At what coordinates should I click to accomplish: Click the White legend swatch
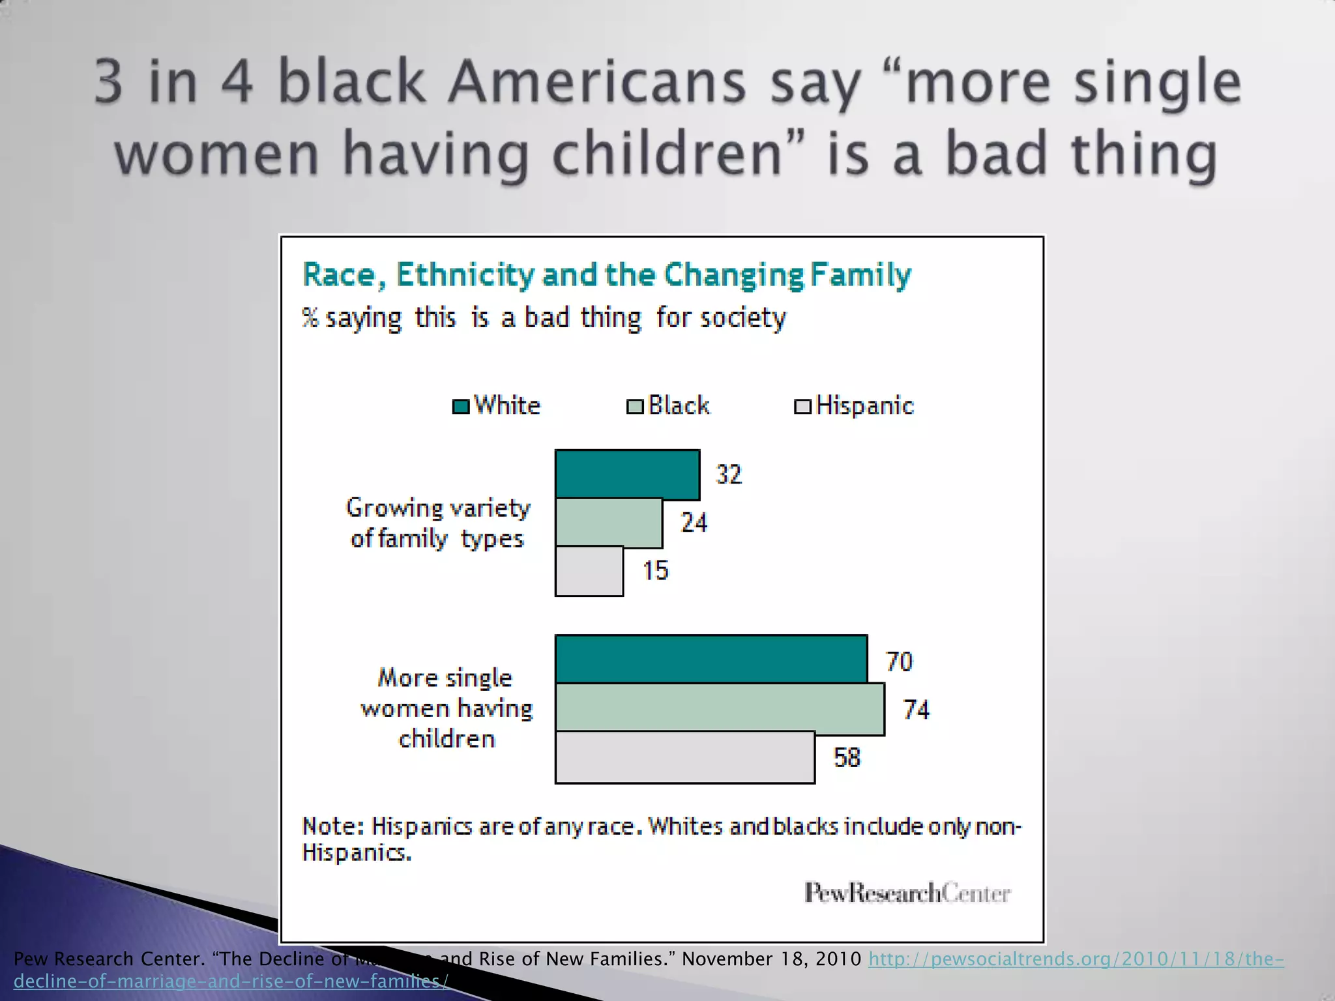461,407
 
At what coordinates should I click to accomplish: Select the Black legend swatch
635,407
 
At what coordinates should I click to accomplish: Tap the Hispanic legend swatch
802,407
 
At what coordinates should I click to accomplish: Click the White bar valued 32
627,474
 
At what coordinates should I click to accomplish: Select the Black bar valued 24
609,523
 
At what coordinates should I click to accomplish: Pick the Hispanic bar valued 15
589,571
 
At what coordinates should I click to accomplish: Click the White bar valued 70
711,660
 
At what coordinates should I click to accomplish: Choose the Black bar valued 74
720,708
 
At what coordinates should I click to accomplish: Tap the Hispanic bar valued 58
684,757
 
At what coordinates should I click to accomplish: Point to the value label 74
916,710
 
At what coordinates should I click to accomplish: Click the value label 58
847,758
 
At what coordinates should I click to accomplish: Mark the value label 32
729,474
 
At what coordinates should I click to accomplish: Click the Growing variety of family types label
438,523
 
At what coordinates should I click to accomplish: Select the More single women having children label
447,708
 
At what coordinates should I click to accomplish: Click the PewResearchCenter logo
907,893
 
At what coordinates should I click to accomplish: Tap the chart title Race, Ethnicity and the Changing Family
606,274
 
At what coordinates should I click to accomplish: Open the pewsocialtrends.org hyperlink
1076,959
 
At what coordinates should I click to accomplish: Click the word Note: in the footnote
332,826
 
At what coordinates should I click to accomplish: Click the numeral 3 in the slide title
108,82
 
